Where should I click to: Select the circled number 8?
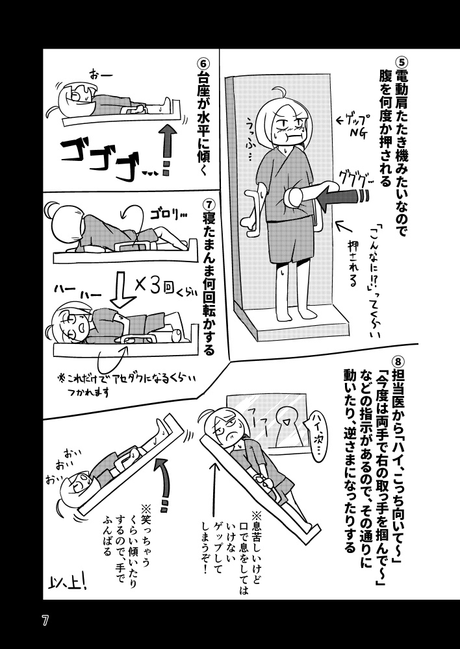coord(400,359)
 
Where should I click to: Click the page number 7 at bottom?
coord(45,620)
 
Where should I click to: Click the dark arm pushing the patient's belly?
coord(338,196)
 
